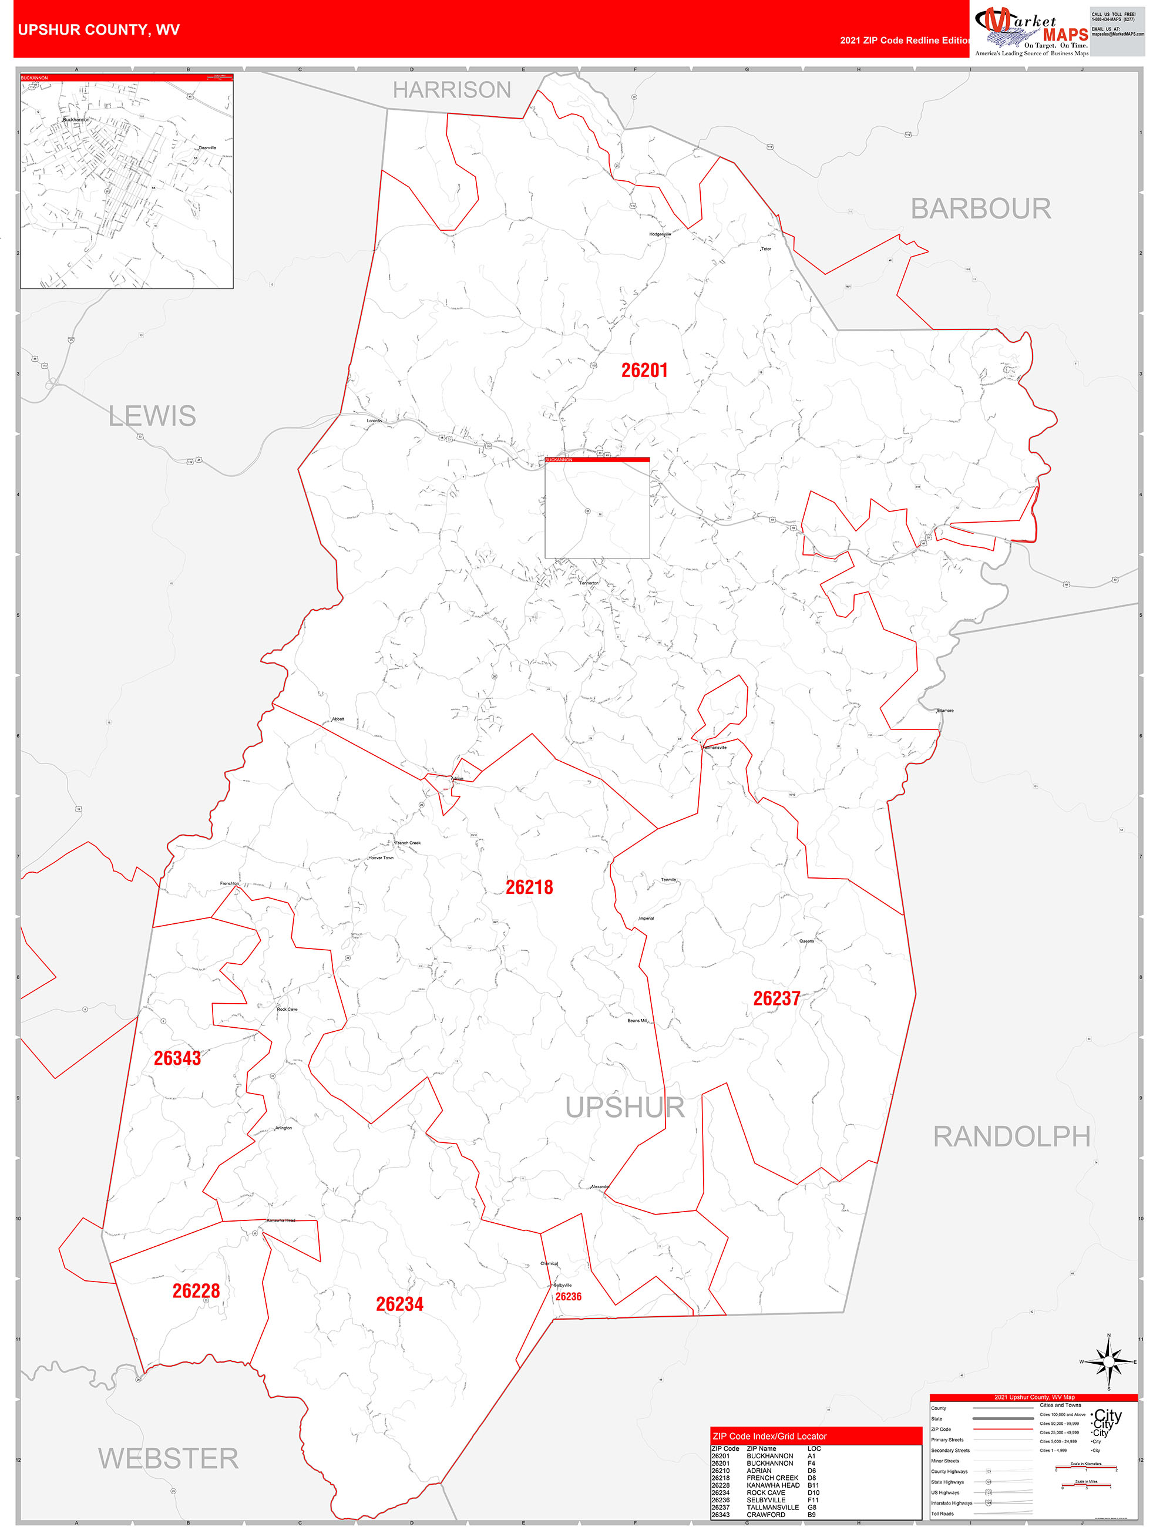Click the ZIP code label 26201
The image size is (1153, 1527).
click(644, 371)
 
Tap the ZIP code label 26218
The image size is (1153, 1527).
click(529, 887)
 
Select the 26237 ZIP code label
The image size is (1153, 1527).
click(776, 998)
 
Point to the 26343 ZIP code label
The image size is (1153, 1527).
click(177, 1058)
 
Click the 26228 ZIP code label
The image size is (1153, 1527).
click(196, 1291)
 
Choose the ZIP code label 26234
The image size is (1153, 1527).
click(399, 1304)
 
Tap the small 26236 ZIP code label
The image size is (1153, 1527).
click(568, 1296)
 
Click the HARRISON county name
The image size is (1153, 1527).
click(452, 90)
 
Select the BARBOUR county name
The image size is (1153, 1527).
click(980, 208)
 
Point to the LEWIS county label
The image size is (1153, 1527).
click(152, 416)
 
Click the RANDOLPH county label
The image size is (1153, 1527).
click(1011, 1137)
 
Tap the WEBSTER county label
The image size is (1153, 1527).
click(169, 1459)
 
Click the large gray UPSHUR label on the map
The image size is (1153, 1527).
click(625, 1107)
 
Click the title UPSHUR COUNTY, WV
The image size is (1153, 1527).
click(99, 30)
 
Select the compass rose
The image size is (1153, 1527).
click(1108, 1361)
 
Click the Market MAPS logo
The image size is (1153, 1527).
click(1031, 31)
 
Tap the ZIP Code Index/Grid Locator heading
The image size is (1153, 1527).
click(769, 1436)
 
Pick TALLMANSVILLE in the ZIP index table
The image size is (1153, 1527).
click(772, 1507)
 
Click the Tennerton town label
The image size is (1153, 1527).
click(589, 583)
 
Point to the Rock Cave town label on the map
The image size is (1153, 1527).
click(287, 1009)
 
